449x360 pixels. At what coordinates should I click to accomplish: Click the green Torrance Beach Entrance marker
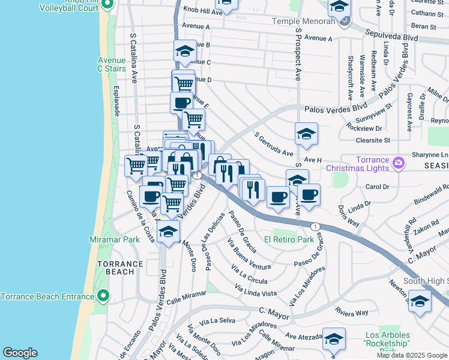click(103, 296)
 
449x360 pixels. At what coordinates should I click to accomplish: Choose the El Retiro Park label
click(290, 240)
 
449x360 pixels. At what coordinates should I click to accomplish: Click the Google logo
click(20, 353)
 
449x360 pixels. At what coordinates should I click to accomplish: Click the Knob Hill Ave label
click(203, 11)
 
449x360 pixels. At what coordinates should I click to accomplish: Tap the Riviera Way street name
click(352, 313)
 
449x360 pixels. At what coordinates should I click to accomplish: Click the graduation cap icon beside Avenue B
click(185, 51)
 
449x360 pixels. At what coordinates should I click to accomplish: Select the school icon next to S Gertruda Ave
click(306, 134)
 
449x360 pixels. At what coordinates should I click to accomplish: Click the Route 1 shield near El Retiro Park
click(315, 226)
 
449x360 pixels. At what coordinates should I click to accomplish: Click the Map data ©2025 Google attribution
click(412, 355)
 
